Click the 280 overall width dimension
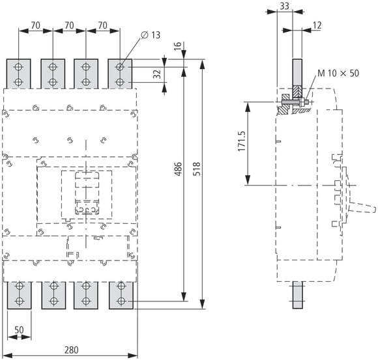(71, 350)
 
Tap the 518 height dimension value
(197, 169)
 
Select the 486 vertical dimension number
(178, 169)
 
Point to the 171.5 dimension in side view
(242, 141)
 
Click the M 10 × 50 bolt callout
(338, 73)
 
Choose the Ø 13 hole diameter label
(151, 35)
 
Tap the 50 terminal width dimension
(19, 330)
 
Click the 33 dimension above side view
(284, 6)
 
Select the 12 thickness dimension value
(317, 25)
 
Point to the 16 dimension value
(177, 46)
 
